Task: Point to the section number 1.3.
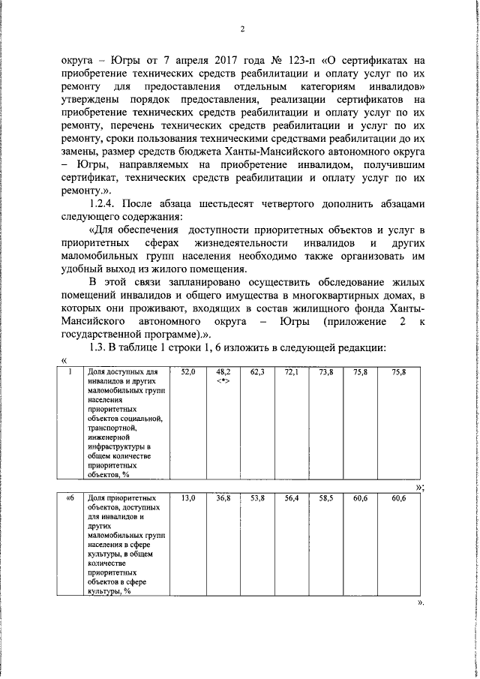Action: tap(99, 349)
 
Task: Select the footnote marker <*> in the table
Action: tap(223, 380)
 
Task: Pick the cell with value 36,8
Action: tap(223, 498)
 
